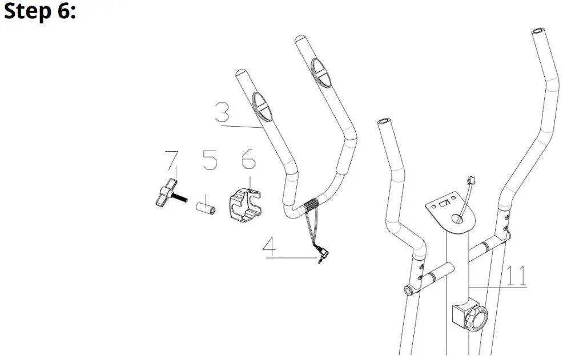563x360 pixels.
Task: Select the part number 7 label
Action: tap(170, 162)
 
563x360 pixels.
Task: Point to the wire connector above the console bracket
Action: tap(471, 182)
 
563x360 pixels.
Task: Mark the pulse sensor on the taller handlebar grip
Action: tap(320, 72)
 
